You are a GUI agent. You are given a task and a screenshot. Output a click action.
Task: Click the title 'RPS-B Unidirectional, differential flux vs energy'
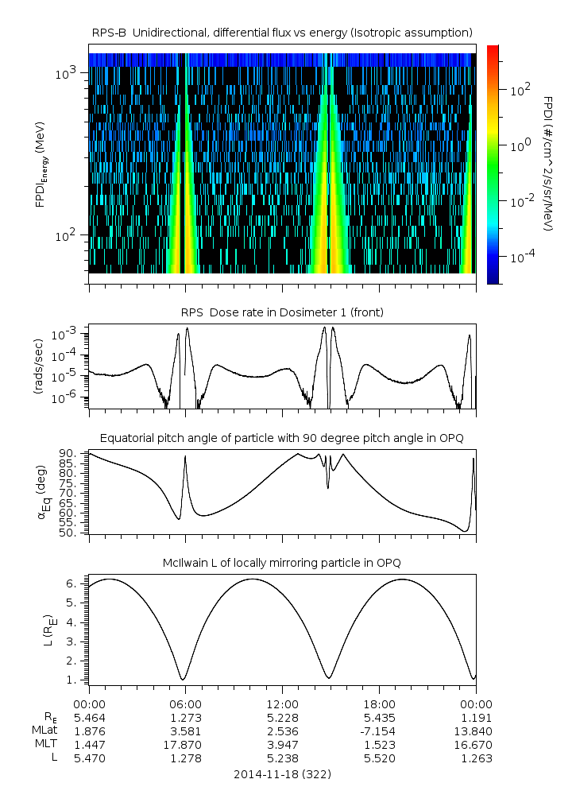pyautogui.click(x=282, y=32)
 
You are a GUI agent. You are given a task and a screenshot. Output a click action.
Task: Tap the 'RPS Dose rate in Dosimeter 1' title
pyautogui.click(x=282, y=312)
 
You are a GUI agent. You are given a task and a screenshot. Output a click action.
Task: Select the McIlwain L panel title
pyautogui.click(x=282, y=563)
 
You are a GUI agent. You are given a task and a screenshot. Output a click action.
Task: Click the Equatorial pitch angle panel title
pyautogui.click(x=282, y=438)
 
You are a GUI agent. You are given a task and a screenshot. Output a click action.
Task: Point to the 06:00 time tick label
pyautogui.click(x=184, y=704)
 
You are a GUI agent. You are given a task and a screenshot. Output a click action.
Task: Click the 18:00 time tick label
pyautogui.click(x=379, y=704)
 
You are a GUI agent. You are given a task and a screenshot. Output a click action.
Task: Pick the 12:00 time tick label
pyautogui.click(x=282, y=704)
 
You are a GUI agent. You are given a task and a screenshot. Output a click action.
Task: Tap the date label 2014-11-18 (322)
pyautogui.click(x=282, y=773)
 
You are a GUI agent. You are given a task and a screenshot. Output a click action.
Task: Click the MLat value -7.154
pyautogui.click(x=379, y=731)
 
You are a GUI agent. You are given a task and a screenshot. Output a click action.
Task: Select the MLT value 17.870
pyautogui.click(x=184, y=745)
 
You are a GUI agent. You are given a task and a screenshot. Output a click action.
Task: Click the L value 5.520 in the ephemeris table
pyautogui.click(x=379, y=758)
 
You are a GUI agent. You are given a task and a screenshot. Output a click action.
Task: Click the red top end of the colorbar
pyautogui.click(x=493, y=49)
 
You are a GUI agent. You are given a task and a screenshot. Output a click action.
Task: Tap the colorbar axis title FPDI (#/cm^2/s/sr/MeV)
pyautogui.click(x=548, y=164)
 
